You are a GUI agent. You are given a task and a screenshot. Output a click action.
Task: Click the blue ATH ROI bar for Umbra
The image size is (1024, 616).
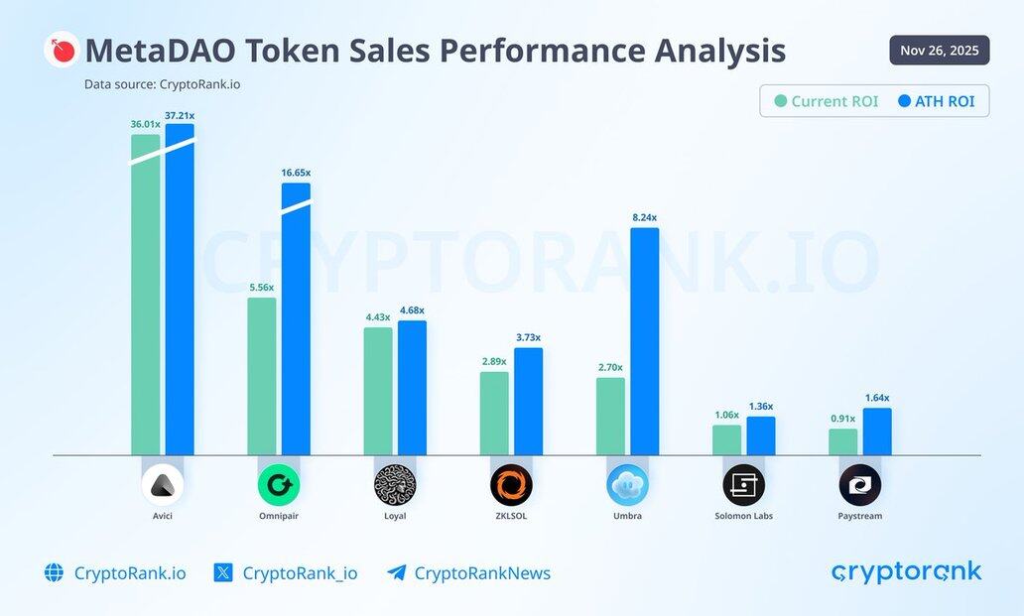tap(644, 341)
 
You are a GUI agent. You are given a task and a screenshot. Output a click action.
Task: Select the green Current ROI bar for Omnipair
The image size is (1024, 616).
tap(261, 376)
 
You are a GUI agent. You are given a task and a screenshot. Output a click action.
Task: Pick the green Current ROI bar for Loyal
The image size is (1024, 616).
tap(377, 391)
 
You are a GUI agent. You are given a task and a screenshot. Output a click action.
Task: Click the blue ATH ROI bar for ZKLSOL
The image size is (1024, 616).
tap(528, 401)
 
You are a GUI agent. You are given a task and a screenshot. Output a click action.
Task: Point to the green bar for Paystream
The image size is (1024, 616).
tap(842, 441)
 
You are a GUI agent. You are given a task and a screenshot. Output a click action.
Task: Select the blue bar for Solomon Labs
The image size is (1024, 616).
tap(760, 435)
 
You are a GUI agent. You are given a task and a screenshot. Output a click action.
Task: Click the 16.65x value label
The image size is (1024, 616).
tap(296, 173)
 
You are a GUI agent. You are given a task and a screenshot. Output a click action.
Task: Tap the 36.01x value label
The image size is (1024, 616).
tap(145, 124)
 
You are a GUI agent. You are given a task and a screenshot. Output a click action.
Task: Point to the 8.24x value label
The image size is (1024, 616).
tap(644, 217)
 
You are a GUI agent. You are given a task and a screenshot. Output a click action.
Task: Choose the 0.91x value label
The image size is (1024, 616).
tap(842, 418)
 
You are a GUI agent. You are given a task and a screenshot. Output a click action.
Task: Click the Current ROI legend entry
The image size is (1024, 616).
tap(827, 101)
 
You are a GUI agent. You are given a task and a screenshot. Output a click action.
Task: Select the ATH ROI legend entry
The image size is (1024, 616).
tap(936, 101)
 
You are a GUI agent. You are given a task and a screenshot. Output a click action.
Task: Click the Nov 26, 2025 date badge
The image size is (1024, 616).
tap(939, 50)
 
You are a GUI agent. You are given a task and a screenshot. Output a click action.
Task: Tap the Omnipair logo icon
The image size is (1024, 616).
tap(278, 485)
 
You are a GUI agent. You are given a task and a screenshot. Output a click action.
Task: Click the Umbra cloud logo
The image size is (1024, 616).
tap(627, 485)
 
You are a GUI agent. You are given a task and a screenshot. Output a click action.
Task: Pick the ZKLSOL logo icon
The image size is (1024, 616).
tap(511, 485)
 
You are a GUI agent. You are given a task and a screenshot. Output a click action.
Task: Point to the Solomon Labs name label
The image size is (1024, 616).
tap(743, 516)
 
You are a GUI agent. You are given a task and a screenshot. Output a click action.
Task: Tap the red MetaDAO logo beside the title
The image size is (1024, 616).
tap(62, 50)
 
